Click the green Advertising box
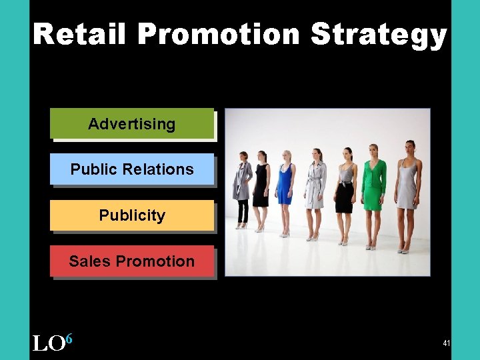point(132,124)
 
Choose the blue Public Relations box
point(132,169)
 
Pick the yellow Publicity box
point(132,215)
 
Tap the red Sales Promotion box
point(132,261)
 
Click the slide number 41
point(446,343)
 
